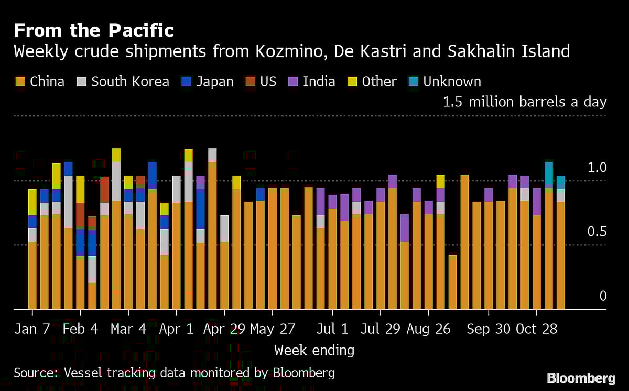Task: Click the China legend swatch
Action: click(x=20, y=82)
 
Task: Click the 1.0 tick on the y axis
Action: click(x=597, y=168)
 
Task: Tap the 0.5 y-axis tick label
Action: click(x=597, y=232)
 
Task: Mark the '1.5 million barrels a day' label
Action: click(x=524, y=102)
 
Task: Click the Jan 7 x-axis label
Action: click(x=32, y=329)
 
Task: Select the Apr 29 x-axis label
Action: click(x=224, y=329)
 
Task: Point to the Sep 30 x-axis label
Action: click(x=488, y=329)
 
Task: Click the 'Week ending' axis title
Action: click(x=314, y=350)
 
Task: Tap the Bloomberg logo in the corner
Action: click(x=581, y=378)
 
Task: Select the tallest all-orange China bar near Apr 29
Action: click(x=212, y=236)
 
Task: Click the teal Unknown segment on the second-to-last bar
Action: click(x=549, y=174)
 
